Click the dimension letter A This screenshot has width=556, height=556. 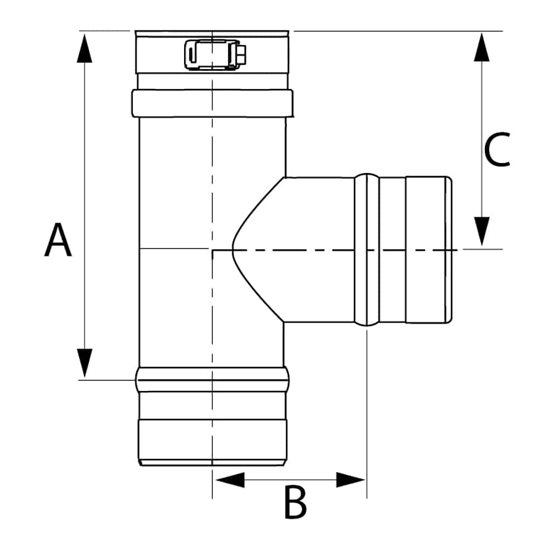[x=58, y=240]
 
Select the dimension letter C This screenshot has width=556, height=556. [x=497, y=150]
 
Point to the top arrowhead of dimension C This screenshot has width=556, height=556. [x=482, y=47]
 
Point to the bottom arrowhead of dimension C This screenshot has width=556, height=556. [x=482, y=231]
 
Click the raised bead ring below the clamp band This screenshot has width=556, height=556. [x=212, y=103]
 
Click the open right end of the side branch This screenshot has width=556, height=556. [x=449, y=250]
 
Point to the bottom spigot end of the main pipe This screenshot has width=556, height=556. [x=212, y=442]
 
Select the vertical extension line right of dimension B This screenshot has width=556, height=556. [x=367, y=420]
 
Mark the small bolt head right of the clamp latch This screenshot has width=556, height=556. [x=242, y=54]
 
